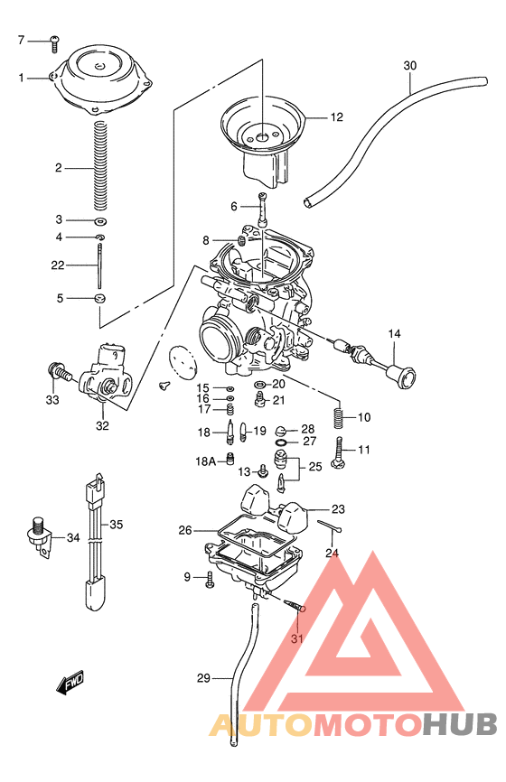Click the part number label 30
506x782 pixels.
[x=410, y=66]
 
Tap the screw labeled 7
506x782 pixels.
[x=53, y=40]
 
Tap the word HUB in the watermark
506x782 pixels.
[x=461, y=725]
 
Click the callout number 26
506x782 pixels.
[x=184, y=530]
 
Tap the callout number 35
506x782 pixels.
[x=116, y=524]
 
